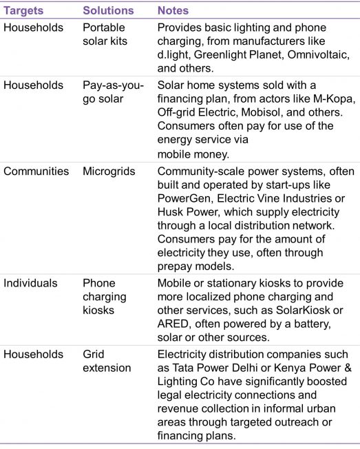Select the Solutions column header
pos(107,11)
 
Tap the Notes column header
pos(173,11)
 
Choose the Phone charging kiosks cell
pos(105,297)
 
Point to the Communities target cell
pos(36,171)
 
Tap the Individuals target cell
pos(32,283)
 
